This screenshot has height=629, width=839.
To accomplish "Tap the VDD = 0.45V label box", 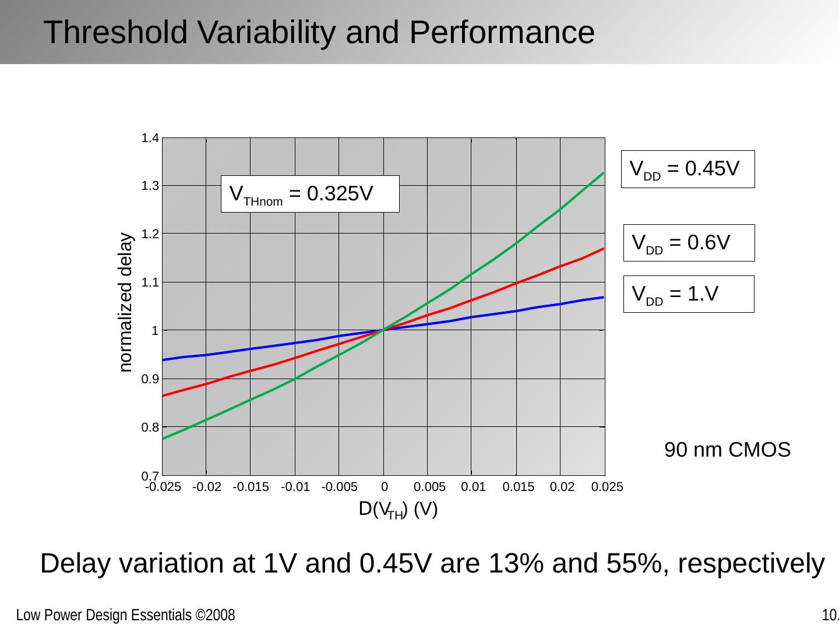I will (688, 169).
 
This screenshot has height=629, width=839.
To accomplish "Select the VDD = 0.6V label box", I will (689, 243).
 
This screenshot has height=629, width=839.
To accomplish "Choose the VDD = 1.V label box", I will (689, 294).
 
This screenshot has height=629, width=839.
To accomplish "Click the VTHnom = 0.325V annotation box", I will (310, 194).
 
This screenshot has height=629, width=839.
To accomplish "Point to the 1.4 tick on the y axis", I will (150, 138).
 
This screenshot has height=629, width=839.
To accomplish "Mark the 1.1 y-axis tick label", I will (150, 282).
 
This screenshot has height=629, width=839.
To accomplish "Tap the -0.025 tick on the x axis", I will (163, 487).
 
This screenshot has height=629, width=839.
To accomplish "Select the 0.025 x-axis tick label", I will (607, 487).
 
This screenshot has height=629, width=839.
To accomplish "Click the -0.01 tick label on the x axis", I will (295, 487).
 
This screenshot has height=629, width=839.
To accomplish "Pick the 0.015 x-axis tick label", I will (518, 487).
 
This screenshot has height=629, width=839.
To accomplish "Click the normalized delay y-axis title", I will (126, 302).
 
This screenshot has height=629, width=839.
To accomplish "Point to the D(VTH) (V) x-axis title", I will (398, 510).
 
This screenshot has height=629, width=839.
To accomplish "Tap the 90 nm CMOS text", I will (727, 450).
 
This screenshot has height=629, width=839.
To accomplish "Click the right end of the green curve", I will (603, 173).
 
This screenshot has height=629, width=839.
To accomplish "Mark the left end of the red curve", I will (164, 395).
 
